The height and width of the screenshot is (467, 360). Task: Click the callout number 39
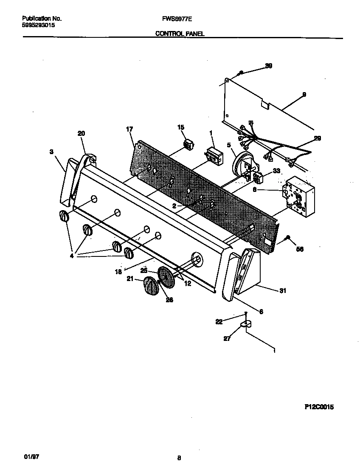click(x=268, y=66)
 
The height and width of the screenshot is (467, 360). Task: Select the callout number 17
click(x=129, y=129)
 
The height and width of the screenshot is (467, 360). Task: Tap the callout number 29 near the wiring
click(x=317, y=138)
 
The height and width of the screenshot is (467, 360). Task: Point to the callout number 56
click(x=300, y=249)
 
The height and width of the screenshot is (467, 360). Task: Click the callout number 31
click(x=283, y=291)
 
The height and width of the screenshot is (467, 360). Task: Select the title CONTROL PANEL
click(x=180, y=34)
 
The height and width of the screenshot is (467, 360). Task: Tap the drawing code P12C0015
click(x=319, y=407)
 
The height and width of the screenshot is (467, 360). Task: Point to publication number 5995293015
click(x=38, y=25)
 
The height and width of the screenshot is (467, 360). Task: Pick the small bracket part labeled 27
click(x=246, y=324)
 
